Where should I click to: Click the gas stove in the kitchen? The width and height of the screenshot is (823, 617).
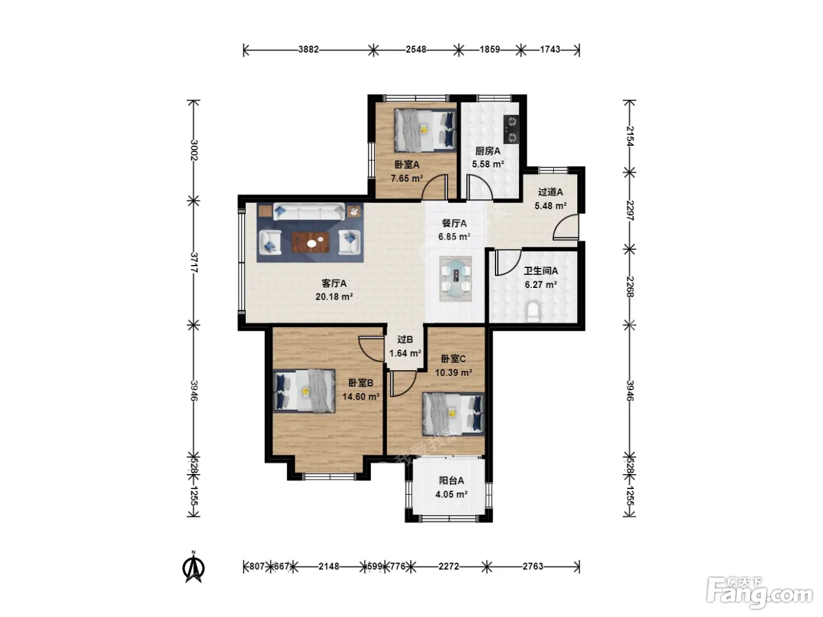pos(511,130)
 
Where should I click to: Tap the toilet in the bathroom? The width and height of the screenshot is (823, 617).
pos(533,311)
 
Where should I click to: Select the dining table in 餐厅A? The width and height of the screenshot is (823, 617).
pos(456,279)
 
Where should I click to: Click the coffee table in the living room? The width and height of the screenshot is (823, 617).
pos(311,242)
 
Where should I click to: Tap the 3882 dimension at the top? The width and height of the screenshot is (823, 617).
pos(308,49)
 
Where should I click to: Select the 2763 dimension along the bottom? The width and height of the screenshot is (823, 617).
pos(533,566)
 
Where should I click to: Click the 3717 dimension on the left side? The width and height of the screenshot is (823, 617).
pos(194,263)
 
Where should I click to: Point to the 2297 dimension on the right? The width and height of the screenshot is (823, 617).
pos(630,210)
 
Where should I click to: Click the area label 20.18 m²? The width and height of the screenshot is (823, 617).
pos(334,297)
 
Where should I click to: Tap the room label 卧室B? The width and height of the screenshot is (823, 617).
pos(361,383)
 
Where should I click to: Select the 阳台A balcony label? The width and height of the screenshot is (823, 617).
pos(451,481)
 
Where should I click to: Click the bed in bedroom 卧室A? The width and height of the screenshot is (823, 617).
pos(425,130)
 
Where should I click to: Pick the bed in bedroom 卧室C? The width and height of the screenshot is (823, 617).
pos(453,414)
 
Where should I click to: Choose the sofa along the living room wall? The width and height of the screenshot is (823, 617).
pos(309,212)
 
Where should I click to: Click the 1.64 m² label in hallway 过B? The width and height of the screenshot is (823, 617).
pos(405,353)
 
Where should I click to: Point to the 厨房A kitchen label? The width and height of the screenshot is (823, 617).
pos(487,151)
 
